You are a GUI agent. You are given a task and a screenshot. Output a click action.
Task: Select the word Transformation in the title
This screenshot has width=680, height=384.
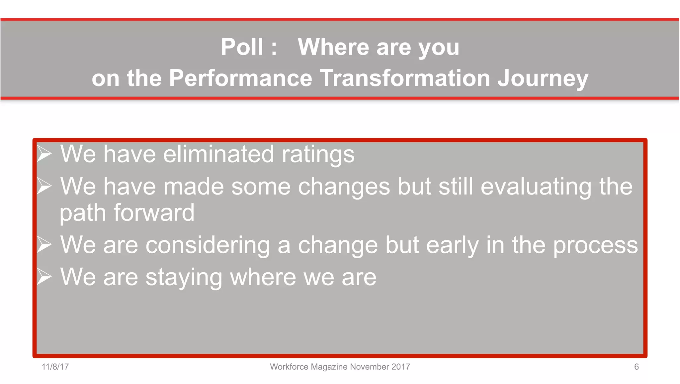coord(405,78)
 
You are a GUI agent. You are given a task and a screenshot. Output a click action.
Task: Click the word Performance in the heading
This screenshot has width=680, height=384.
coord(241,78)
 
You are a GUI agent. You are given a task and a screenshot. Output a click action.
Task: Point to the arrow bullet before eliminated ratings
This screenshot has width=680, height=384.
coord(44,154)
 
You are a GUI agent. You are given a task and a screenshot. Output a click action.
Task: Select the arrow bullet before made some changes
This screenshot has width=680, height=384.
coord(44,186)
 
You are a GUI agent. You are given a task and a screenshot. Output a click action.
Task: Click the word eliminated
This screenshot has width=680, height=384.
coord(218,154)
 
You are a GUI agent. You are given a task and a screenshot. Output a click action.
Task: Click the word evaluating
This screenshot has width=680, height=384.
coord(536,187)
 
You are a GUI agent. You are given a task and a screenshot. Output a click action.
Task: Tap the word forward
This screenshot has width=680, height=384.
coord(154,213)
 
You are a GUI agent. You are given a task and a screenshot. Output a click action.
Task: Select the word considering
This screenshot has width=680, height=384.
coord(208,245)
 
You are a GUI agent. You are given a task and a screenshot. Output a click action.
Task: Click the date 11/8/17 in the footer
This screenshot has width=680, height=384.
coord(55,367)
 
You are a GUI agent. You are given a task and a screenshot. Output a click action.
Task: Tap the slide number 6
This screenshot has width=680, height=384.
coord(636,367)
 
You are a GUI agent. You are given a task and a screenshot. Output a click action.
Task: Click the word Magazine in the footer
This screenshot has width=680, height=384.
coord(329,367)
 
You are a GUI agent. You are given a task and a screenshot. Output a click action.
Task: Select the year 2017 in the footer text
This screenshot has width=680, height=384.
coord(400,367)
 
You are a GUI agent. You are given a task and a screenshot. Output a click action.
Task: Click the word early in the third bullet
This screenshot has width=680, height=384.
coord(452,245)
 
